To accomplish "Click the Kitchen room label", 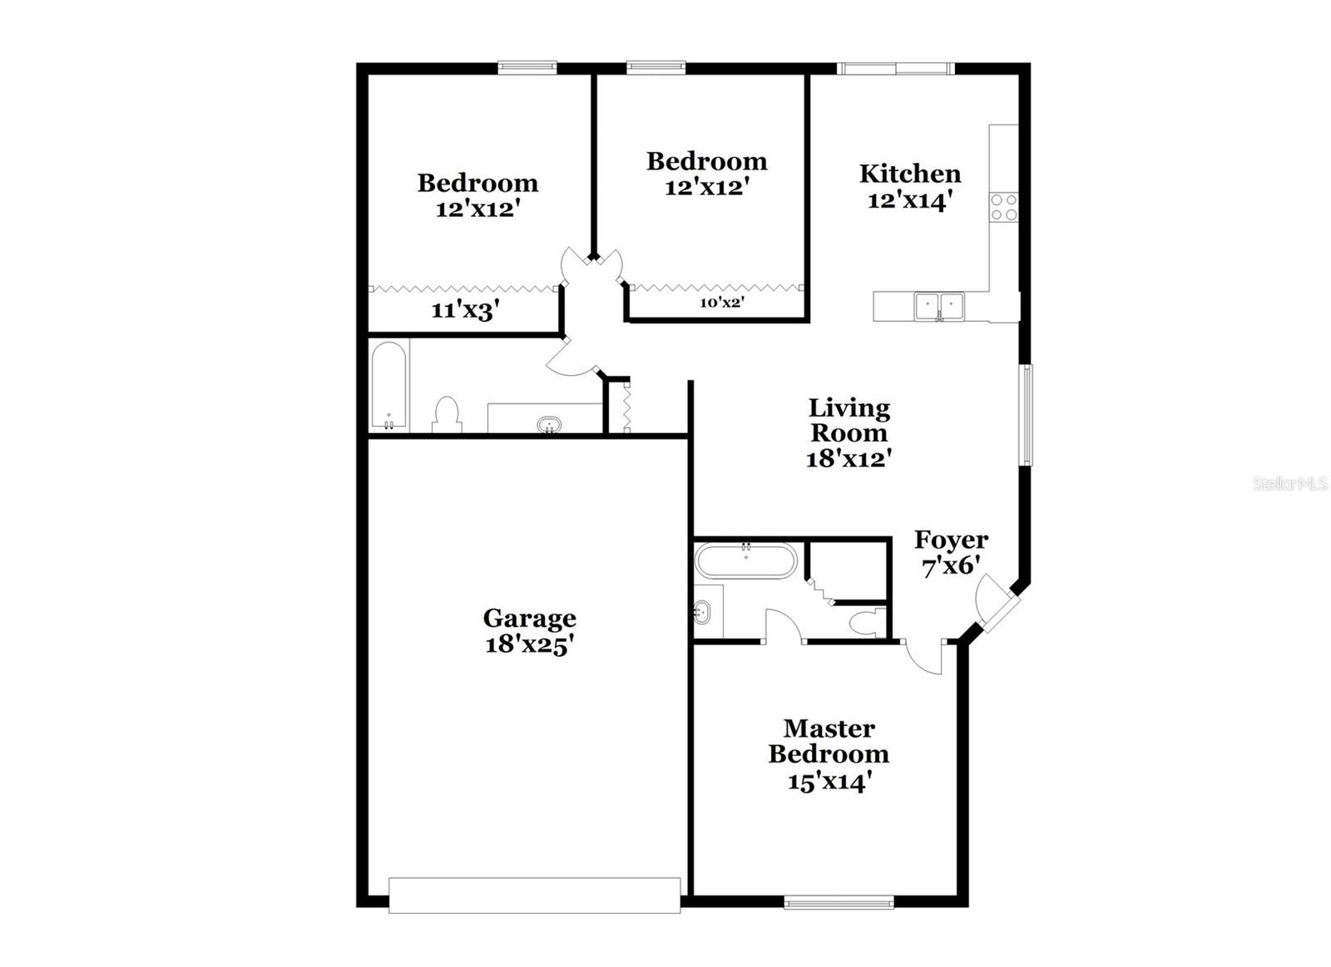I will click(x=909, y=174).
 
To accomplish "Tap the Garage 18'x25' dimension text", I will click(x=530, y=644).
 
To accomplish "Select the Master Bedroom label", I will click(x=829, y=741).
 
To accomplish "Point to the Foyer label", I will click(x=951, y=540).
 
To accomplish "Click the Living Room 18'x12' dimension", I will click(x=849, y=458).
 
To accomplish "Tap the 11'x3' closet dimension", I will click(x=464, y=311).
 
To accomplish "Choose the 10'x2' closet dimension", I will click(x=720, y=303).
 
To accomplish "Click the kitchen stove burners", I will click(x=1003, y=207).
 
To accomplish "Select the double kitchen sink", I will click(x=939, y=306).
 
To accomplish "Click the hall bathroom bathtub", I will click(x=388, y=386).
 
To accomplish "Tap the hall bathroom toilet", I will click(x=447, y=414).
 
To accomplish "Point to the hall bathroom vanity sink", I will click(x=549, y=425).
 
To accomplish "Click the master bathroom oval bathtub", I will click(x=745, y=560).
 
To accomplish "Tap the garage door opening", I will click(x=534, y=895).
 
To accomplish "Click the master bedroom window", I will click(x=839, y=900).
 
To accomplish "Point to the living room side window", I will click(x=1027, y=414).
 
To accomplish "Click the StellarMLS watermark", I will click(x=1289, y=483).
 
